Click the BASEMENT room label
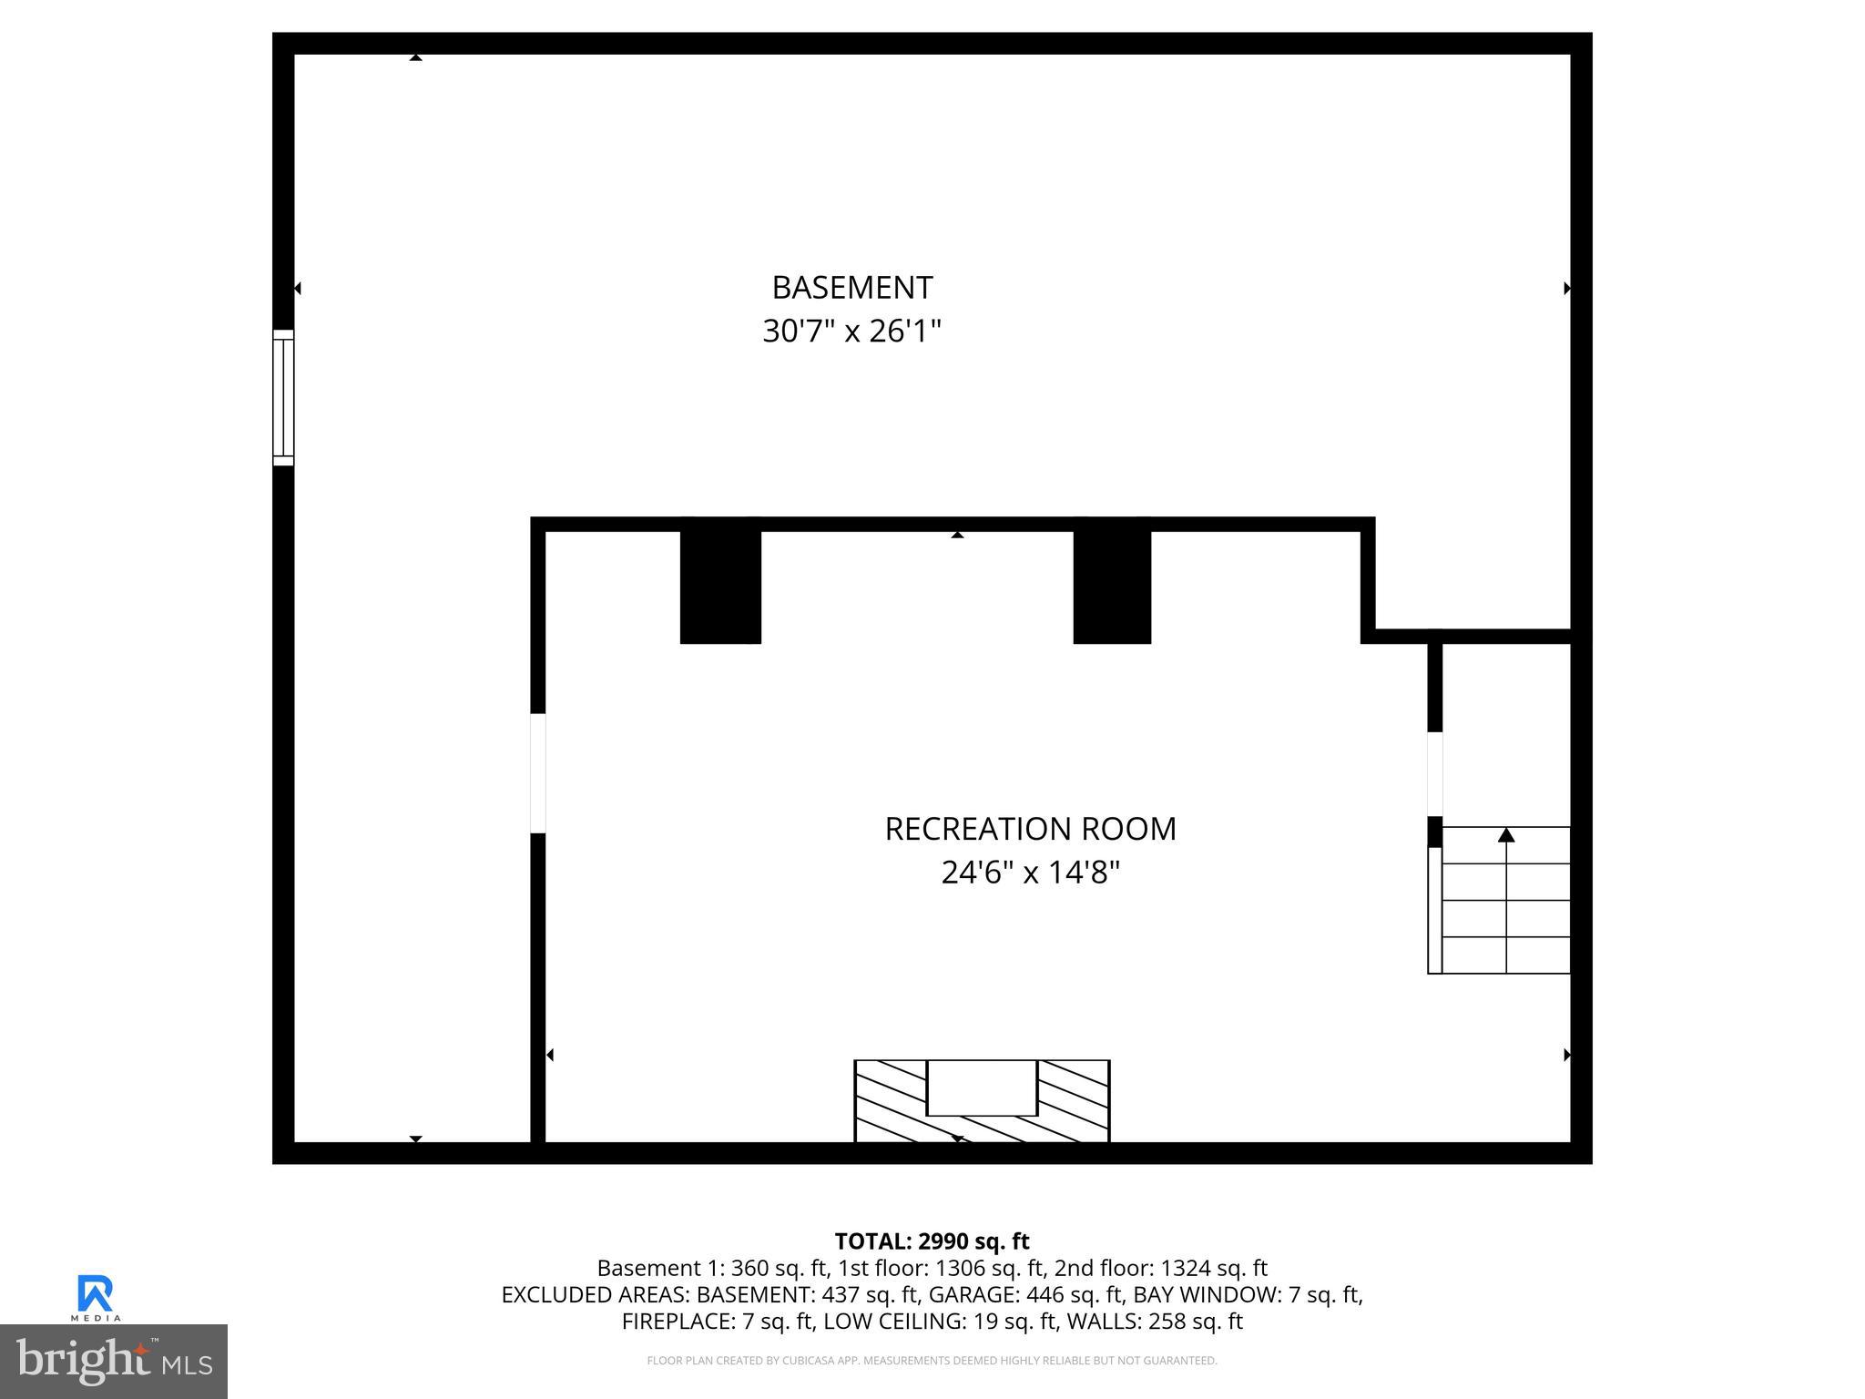click(x=851, y=288)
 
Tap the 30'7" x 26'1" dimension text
click(x=851, y=331)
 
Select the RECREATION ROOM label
click(x=1030, y=829)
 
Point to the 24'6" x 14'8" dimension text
click(x=1030, y=873)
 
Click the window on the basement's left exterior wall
click(x=283, y=398)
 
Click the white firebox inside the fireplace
click(x=982, y=1088)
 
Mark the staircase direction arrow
click(x=1506, y=835)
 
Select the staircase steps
click(x=1506, y=911)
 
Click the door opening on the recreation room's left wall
click(x=538, y=773)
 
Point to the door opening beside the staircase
click(x=1435, y=774)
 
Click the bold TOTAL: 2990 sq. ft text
click(x=932, y=1241)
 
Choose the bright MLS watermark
click(x=114, y=1362)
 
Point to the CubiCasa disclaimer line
click(x=932, y=1361)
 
